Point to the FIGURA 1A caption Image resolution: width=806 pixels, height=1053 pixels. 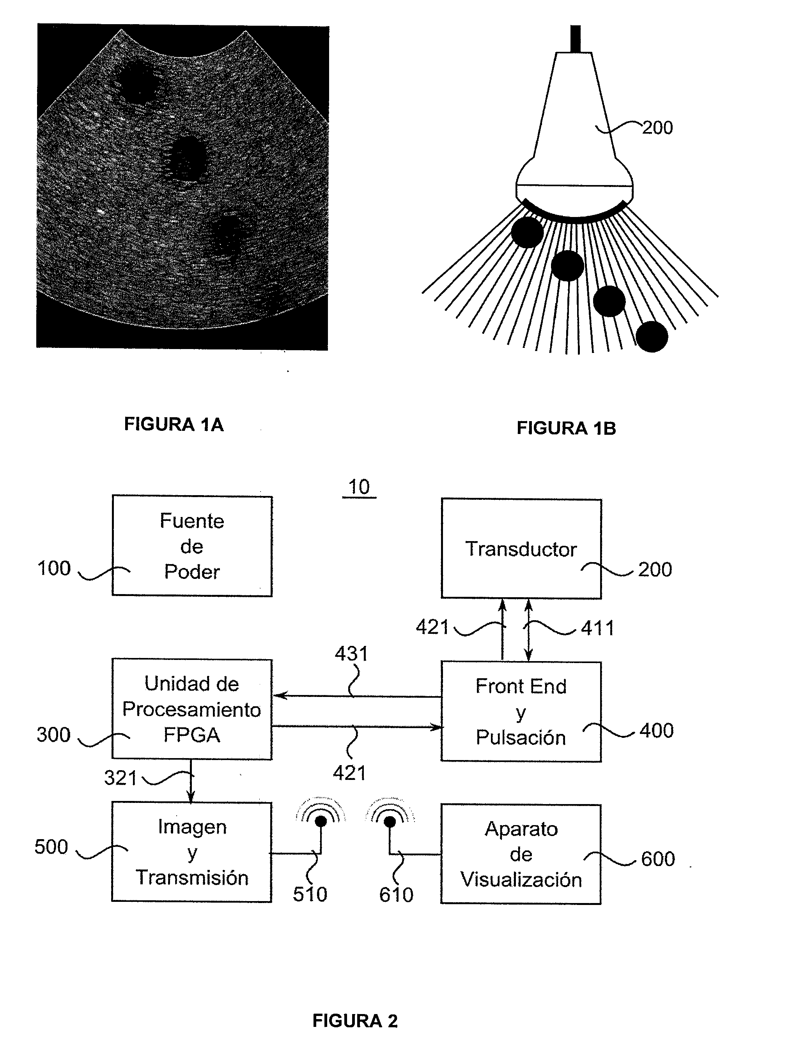pyautogui.click(x=174, y=424)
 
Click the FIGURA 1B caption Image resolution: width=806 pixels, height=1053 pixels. pyautogui.click(x=566, y=428)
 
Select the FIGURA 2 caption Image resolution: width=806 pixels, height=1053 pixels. pyautogui.click(x=355, y=1021)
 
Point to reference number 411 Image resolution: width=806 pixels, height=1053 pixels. pyautogui.click(x=598, y=628)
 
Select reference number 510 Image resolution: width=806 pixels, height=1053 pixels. pyautogui.click(x=310, y=894)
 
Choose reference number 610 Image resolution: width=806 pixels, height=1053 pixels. pyautogui.click(x=396, y=895)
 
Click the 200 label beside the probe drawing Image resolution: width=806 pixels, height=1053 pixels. pyautogui.click(x=657, y=127)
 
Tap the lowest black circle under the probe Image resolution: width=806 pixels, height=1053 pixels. pyautogui.click(x=652, y=337)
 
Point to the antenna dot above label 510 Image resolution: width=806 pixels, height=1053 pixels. pyautogui.click(x=321, y=822)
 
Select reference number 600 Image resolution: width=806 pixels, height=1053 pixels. pyautogui.click(x=658, y=859)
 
